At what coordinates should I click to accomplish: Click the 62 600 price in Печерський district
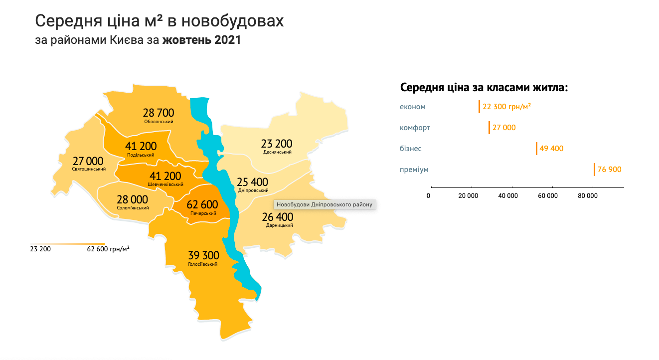tap(202, 204)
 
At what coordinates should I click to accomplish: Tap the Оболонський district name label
tap(159, 121)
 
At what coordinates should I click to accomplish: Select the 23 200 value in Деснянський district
tap(277, 144)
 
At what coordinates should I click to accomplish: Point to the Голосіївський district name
tap(203, 264)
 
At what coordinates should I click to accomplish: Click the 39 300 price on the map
tap(203, 255)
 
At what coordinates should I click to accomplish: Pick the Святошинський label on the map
tap(89, 169)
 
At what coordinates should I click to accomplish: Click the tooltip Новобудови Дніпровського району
tap(325, 204)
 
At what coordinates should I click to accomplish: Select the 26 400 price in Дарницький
tap(278, 217)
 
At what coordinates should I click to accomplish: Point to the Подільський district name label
tap(141, 155)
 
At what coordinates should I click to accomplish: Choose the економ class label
tap(413, 107)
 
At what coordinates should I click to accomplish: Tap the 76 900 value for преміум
tap(609, 170)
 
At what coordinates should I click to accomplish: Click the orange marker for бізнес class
tap(537, 149)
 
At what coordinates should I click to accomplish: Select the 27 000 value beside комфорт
tap(504, 128)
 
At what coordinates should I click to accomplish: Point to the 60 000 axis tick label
tap(548, 196)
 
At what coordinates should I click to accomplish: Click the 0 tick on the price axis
tap(429, 196)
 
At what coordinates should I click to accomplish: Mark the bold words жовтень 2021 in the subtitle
tap(201, 40)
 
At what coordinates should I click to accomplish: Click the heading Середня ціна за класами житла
tap(485, 88)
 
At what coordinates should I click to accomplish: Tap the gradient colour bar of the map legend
tap(67, 243)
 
